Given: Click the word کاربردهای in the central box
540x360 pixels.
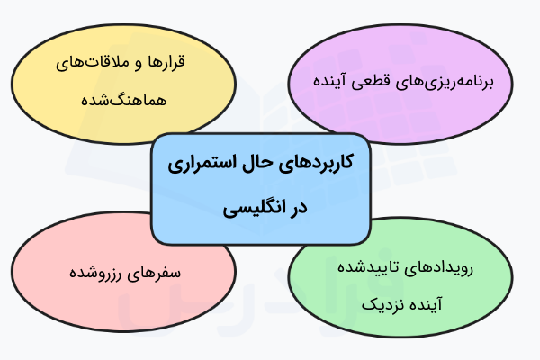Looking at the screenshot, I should pos(315,166).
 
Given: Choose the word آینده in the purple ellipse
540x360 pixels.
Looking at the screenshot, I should pos(344,81).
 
